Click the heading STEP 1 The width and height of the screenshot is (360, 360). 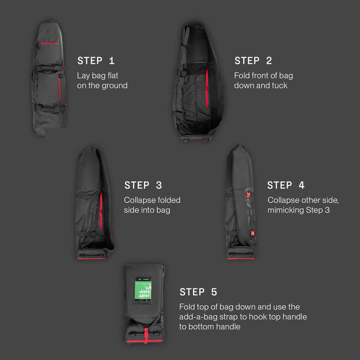point(96,61)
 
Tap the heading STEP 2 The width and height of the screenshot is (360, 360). point(253,61)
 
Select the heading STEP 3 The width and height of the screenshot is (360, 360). point(143,185)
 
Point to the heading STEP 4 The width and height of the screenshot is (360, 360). point(286,185)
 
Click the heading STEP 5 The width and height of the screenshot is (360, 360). point(199,292)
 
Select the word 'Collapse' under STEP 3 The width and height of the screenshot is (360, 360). point(140,200)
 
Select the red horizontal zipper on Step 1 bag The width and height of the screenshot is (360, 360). point(49,44)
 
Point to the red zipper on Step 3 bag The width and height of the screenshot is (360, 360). point(101,211)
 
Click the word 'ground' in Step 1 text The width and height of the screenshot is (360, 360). point(115,85)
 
